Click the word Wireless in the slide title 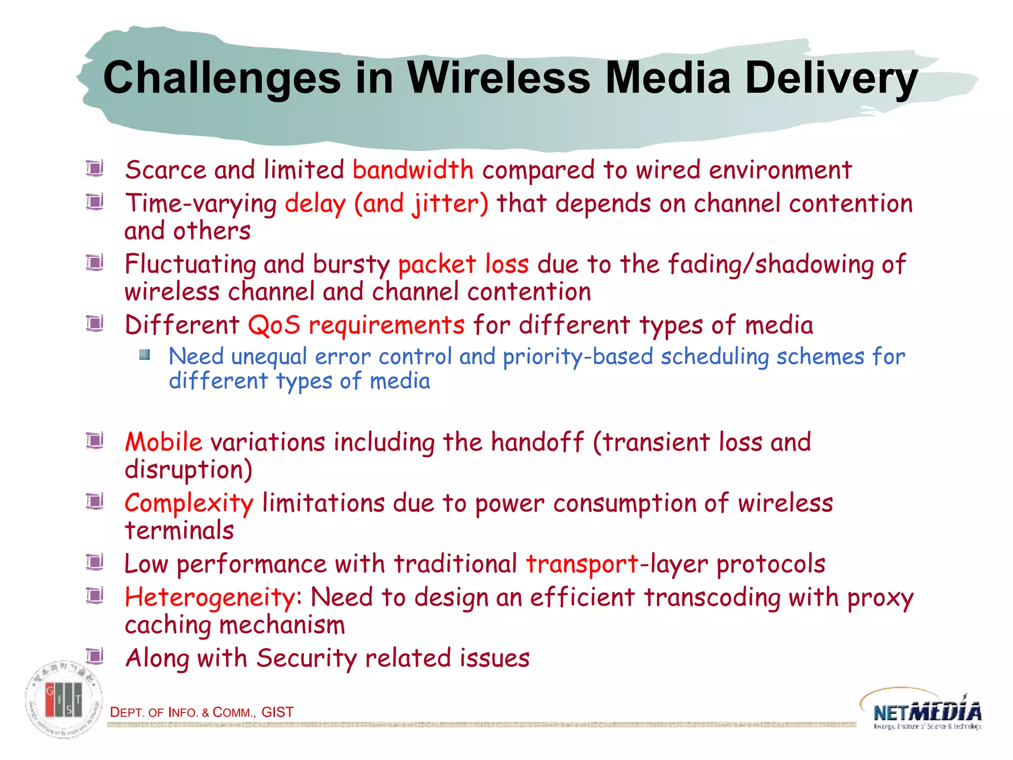pos(499,78)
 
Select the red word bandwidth pos(413,170)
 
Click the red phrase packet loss pos(463,264)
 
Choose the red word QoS pos(274,326)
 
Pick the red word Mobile pos(163,442)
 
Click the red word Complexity pos(189,504)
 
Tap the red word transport pos(582,564)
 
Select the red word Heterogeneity pos(210,597)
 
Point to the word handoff pos(537,442)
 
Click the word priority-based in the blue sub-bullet pos(578,357)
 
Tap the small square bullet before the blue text pos(144,355)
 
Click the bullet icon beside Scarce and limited pos(94,168)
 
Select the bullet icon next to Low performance pos(94,562)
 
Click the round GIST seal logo pos(64,699)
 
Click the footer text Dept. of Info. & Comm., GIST pos(202,712)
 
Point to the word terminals pos(179,530)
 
